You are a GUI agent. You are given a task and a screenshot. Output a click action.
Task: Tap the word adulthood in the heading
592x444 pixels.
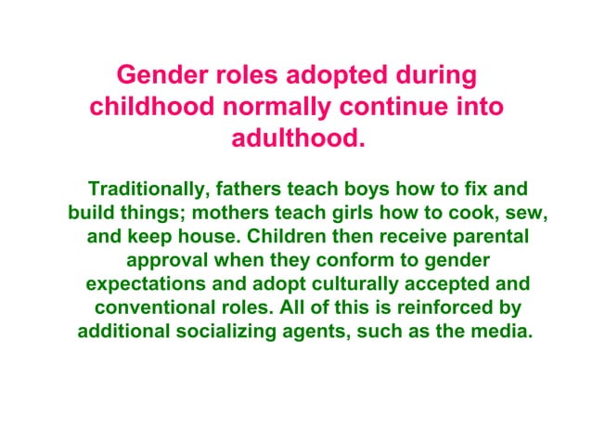coord(296,139)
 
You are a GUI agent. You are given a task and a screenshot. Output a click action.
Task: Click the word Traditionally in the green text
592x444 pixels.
coord(143,187)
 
